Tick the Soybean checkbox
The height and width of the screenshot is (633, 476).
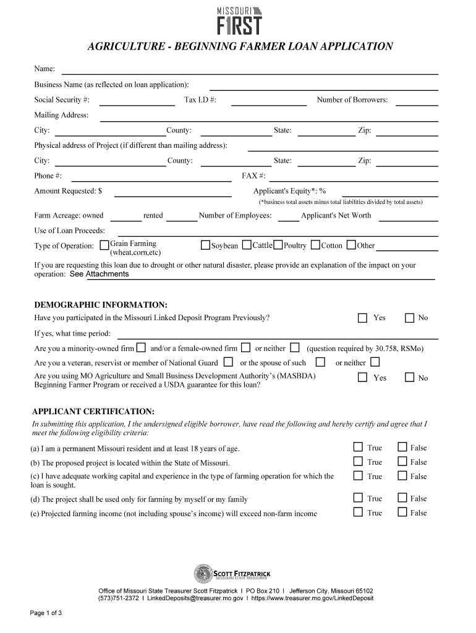[206, 245]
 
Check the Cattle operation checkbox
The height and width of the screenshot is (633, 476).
[247, 245]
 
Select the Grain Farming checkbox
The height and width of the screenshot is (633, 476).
[104, 245]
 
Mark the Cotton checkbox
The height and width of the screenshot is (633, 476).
[315, 245]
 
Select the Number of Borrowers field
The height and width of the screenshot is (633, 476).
[416, 101]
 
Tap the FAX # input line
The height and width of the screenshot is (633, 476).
[353, 177]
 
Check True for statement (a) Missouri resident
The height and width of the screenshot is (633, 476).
[358, 447]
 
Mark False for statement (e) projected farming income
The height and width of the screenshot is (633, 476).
[402, 512]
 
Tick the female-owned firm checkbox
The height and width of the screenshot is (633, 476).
[245, 347]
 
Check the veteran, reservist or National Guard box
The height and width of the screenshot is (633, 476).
[229, 362]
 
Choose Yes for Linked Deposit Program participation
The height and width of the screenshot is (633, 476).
[362, 318]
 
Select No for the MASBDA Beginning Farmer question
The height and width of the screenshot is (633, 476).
[409, 377]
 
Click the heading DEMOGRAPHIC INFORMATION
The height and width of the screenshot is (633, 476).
[101, 305]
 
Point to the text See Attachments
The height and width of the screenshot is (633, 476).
[99, 274]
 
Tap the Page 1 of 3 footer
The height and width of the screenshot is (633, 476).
[46, 613]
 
